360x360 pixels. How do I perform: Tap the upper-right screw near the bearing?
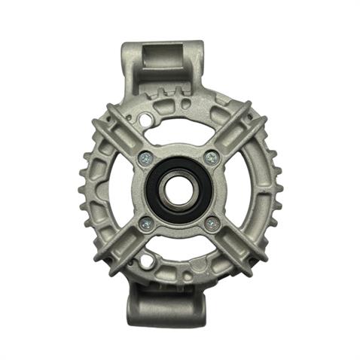(x=212, y=157)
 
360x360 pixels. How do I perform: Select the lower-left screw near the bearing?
(x=145, y=224)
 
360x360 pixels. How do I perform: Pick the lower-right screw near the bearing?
(x=212, y=224)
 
